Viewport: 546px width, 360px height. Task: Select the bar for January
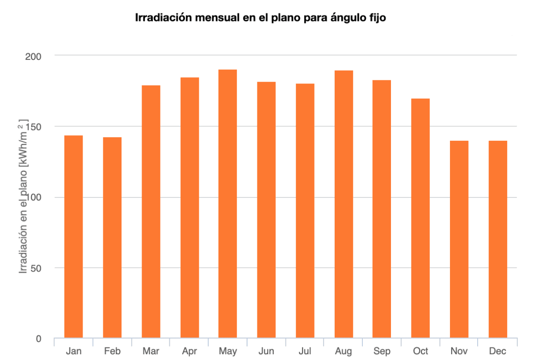74,236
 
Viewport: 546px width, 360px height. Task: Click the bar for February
112,237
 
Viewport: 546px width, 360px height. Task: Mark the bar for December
498,239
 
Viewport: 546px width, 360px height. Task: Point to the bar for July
305,210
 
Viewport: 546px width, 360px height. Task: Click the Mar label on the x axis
151,351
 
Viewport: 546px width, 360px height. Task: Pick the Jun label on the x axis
266,351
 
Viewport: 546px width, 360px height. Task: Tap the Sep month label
382,351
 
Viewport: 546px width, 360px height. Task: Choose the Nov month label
459,351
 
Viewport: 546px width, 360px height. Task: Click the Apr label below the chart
189,351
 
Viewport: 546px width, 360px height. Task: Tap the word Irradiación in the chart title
157,18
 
